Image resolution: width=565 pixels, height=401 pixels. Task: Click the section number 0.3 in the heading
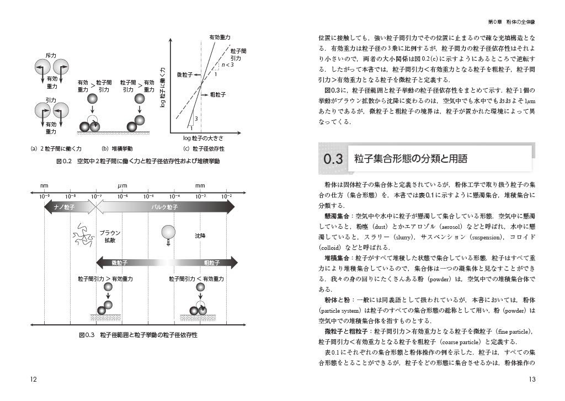[334, 159]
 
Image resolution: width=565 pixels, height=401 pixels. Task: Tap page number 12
[34, 379]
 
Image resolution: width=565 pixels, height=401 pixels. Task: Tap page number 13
[532, 379]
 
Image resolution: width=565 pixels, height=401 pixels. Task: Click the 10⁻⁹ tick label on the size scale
[45, 196]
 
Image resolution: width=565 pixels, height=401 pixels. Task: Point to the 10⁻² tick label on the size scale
[226, 196]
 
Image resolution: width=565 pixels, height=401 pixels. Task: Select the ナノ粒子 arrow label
[65, 207]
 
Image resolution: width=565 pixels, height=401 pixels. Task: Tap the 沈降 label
[200, 235]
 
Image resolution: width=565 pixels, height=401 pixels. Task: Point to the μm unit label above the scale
[122, 186]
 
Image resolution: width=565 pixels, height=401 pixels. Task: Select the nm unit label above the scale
[45, 186]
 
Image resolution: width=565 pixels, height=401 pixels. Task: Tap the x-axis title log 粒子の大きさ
[204, 137]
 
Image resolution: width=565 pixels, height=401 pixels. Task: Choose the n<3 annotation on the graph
[227, 65]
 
